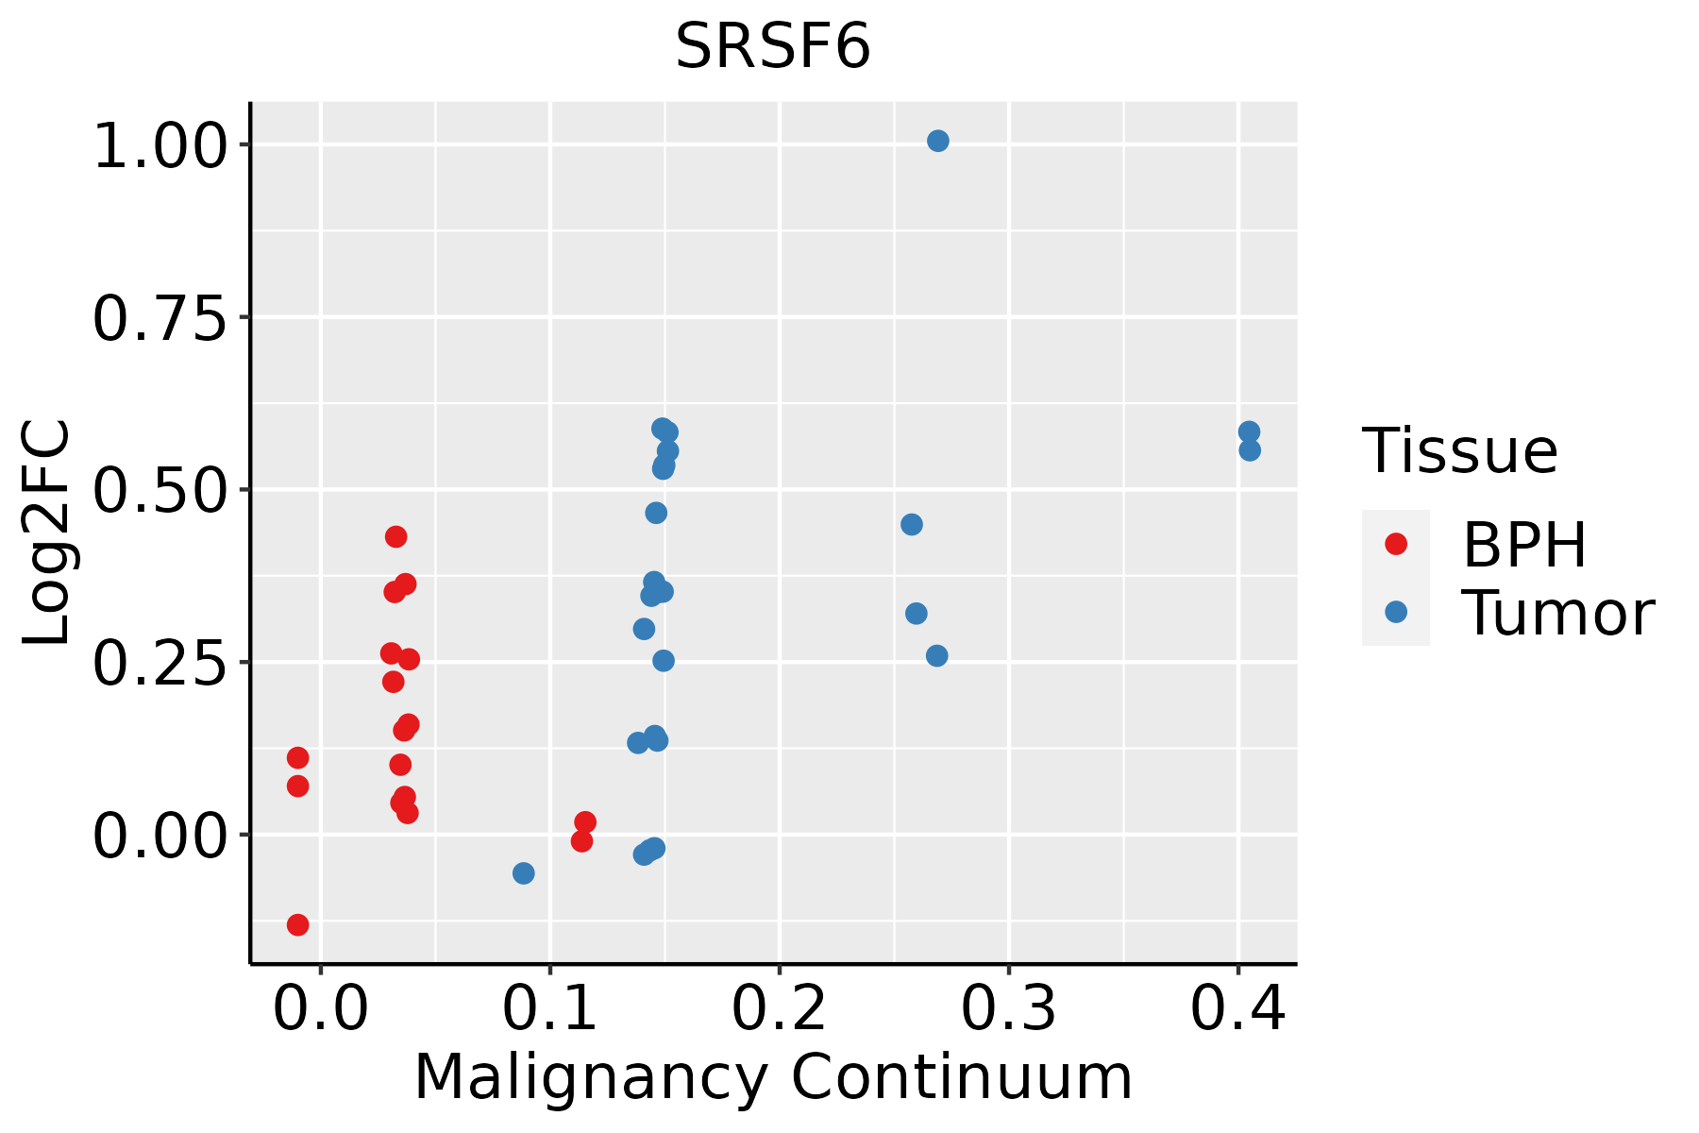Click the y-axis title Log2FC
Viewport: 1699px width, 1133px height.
tap(47, 533)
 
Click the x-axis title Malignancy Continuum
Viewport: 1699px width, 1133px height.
tap(772, 1076)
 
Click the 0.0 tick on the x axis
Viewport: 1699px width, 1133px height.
tap(321, 1008)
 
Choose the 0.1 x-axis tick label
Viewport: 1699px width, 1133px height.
tap(550, 1008)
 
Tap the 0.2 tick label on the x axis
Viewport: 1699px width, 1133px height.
tap(780, 1008)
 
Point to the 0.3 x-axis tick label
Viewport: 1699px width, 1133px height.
tap(1009, 1008)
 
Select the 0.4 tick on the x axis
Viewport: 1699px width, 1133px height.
tap(1237, 1008)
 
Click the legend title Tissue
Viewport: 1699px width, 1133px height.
tap(1460, 450)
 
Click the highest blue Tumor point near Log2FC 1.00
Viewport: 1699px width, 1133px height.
tap(938, 141)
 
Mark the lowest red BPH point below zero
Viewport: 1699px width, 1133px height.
tap(297, 924)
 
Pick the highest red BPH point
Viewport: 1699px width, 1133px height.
tap(396, 536)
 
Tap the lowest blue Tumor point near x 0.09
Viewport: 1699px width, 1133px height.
tap(523, 873)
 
